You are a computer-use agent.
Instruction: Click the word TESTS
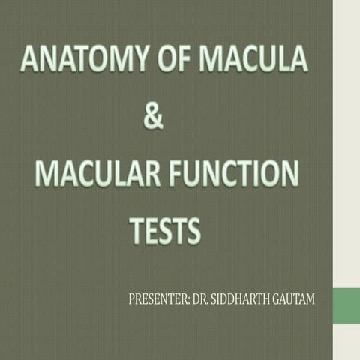pos(165,231)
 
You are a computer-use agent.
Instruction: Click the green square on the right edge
pos(346,305)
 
